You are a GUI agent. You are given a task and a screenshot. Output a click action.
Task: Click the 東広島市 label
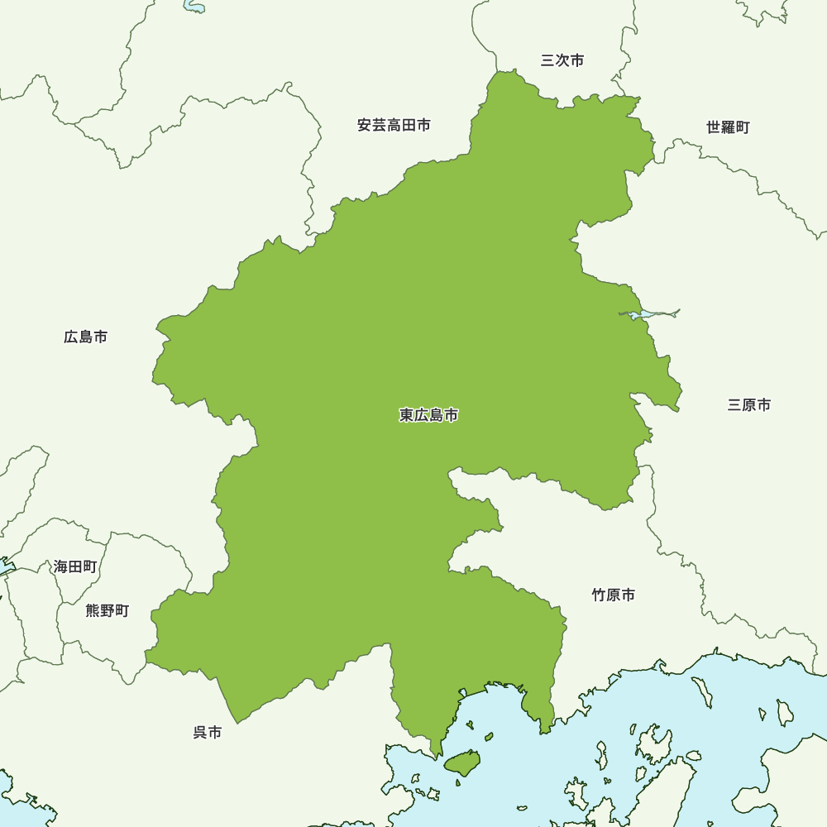coord(428,415)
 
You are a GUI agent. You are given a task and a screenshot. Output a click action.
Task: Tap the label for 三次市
coord(562,60)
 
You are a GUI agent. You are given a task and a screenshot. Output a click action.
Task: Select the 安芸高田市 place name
coord(394,126)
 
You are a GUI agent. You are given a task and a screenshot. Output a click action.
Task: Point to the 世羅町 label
coord(728,127)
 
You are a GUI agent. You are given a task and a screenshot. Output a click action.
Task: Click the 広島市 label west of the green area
coord(86,337)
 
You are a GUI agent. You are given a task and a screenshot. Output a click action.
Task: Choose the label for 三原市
coord(749,405)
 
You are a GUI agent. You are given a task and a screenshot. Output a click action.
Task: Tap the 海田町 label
coord(75,567)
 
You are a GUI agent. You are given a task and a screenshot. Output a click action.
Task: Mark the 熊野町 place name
coord(108,611)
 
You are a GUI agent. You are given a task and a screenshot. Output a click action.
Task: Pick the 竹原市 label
coord(614,595)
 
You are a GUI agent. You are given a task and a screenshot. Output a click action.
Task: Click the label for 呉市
coord(208,733)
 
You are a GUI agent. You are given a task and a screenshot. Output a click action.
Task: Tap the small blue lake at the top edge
coord(194,7)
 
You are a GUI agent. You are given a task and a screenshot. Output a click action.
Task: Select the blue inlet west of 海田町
coord(6,569)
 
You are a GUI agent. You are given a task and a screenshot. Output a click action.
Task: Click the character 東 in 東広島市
coord(406,415)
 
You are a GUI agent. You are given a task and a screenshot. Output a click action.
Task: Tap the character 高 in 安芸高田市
coord(394,126)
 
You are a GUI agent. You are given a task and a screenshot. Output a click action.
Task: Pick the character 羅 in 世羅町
coord(728,127)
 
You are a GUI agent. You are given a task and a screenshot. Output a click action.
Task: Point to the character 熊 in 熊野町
coord(93,611)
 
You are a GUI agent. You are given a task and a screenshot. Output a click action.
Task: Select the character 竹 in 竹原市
coord(599,595)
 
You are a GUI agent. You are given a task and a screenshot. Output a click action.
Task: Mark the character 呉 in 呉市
coord(200,733)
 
